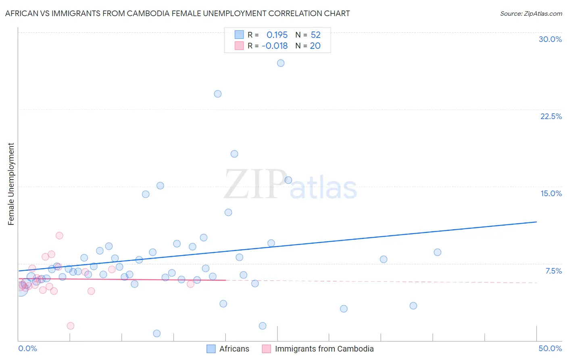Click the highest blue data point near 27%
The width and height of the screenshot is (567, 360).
281,63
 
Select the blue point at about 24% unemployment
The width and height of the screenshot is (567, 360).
218,94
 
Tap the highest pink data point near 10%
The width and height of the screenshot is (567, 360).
59,236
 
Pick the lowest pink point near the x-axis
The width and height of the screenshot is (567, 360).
71,326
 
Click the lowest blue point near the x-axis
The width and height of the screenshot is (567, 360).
157,333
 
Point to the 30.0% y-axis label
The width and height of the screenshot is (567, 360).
550,39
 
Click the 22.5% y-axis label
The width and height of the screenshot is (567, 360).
551,116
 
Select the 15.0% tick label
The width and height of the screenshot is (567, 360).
551,193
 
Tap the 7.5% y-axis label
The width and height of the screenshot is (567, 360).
553,271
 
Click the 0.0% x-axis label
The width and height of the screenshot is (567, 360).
27,348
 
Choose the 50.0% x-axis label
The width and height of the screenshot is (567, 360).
550,348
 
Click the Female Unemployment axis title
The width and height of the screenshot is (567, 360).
11,184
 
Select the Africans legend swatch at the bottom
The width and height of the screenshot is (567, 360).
211,349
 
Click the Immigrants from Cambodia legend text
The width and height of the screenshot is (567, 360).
324,349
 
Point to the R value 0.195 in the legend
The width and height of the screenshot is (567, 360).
277,35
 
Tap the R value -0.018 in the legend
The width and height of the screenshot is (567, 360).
275,46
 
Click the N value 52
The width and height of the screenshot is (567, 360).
315,35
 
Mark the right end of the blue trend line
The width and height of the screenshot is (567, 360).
536,222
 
